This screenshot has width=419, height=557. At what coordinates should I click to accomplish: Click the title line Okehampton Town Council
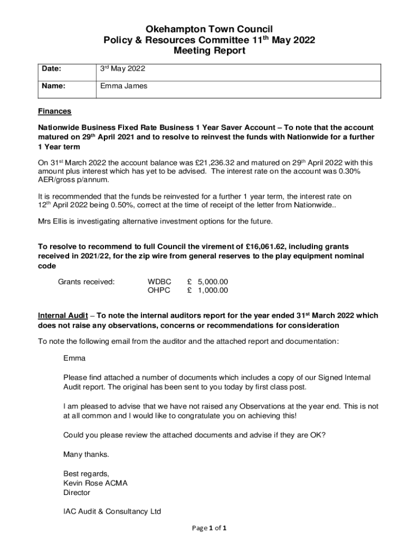[209, 29]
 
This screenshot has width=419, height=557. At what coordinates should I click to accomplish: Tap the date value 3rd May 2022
[122, 69]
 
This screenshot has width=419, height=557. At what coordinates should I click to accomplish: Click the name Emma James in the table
[124, 86]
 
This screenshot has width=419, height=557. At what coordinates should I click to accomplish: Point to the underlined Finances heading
[54, 112]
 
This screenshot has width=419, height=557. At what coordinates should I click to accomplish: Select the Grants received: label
[86, 282]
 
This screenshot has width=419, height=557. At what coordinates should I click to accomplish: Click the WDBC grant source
[159, 282]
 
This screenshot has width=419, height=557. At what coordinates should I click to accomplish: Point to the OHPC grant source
[159, 290]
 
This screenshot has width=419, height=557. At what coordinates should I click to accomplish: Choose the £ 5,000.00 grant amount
[207, 282]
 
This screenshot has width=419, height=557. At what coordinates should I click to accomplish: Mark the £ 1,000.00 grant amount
[207, 290]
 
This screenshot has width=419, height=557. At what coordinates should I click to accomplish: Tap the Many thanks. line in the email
[86, 454]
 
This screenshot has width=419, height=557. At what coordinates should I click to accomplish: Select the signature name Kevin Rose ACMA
[95, 483]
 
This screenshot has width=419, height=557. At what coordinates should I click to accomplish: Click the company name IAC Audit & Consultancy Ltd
[112, 511]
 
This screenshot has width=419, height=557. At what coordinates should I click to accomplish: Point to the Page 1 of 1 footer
[209, 528]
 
